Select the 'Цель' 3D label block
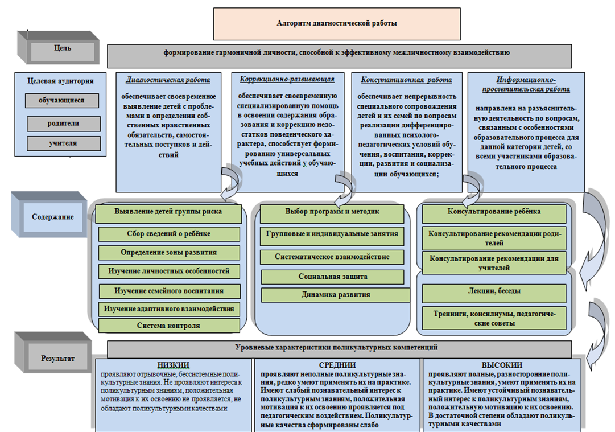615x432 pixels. click(x=63, y=48)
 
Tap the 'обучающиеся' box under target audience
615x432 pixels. click(x=61, y=101)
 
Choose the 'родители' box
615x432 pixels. click(x=63, y=123)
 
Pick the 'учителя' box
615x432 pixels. click(x=63, y=143)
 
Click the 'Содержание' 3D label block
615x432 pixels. click(x=54, y=216)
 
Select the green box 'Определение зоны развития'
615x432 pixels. click(x=168, y=252)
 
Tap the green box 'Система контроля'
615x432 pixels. click(x=168, y=326)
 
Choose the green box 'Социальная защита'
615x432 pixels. click(x=333, y=277)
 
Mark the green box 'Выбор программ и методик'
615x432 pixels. click(x=332, y=212)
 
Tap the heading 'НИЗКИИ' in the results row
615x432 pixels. click(x=172, y=365)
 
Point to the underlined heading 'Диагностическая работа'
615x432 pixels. click(x=168, y=80)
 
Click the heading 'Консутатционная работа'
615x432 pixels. click(x=402, y=80)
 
